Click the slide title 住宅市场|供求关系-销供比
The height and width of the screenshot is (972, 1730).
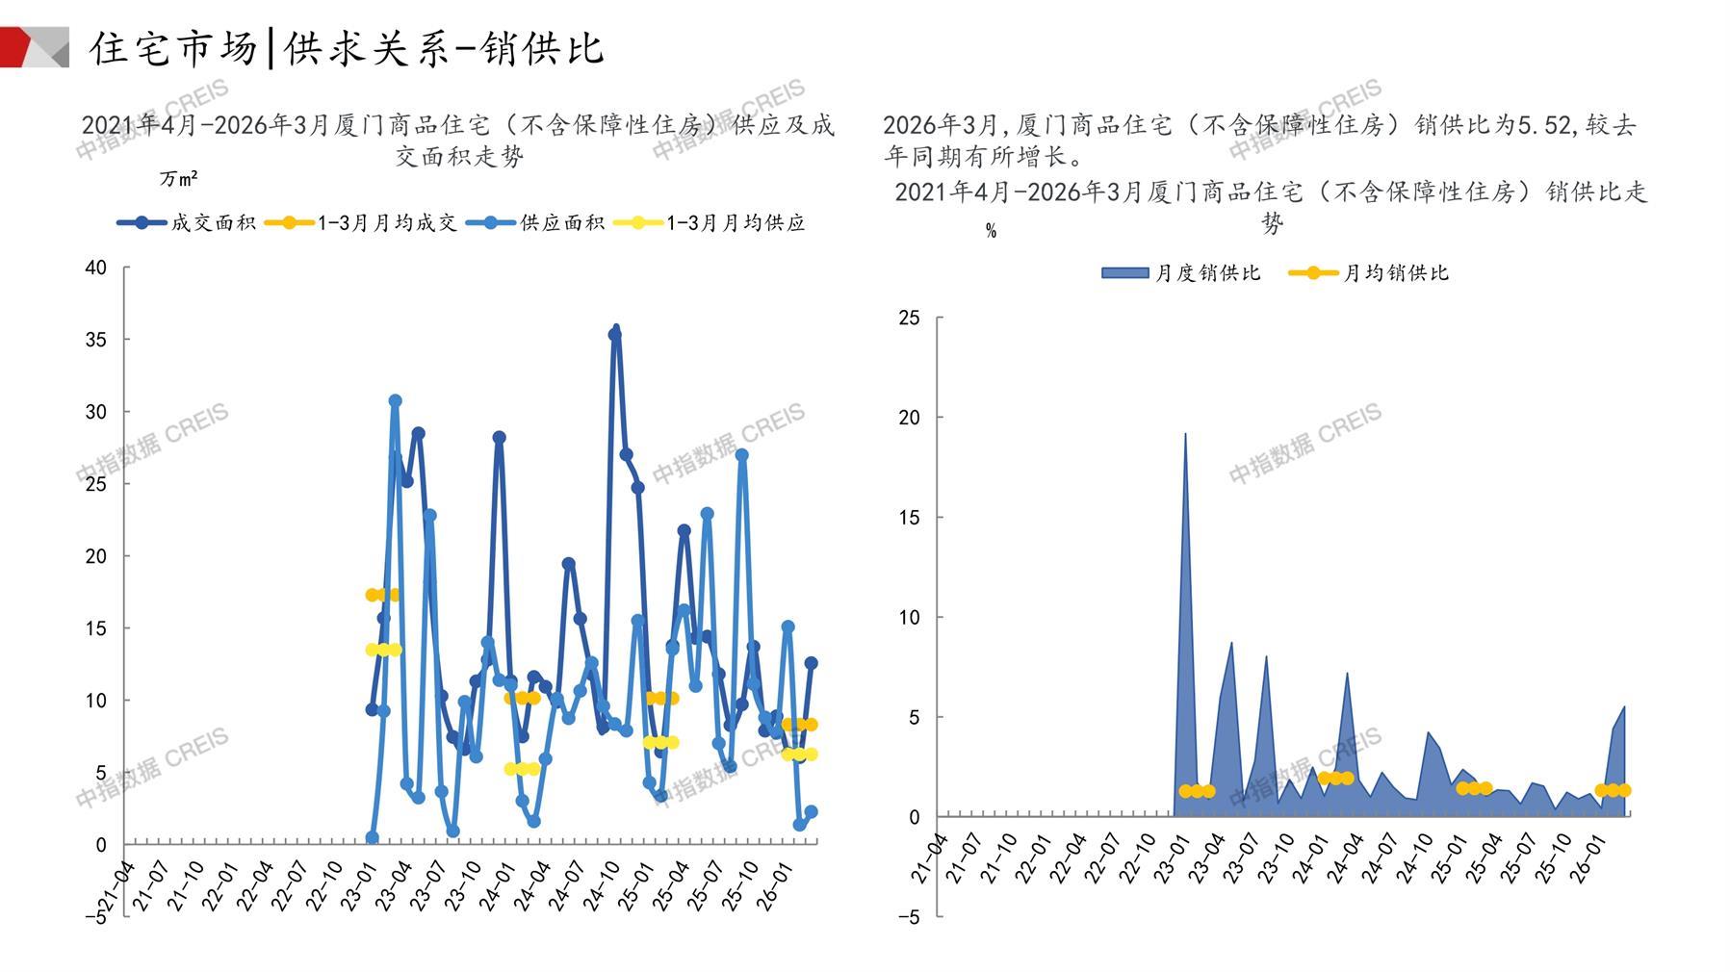[x=347, y=48]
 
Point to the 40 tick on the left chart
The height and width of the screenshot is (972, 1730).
[x=96, y=268]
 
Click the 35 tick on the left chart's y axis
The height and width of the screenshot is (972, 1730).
[x=96, y=340]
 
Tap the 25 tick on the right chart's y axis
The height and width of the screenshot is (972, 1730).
[x=909, y=318]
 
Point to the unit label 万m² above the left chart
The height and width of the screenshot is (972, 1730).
[x=179, y=179]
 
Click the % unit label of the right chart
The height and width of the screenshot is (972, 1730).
[x=991, y=231]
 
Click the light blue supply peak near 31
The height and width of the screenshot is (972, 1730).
[x=395, y=400]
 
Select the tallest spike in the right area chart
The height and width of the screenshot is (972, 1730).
[x=1185, y=436]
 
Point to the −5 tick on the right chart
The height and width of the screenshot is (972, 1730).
[x=909, y=917]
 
